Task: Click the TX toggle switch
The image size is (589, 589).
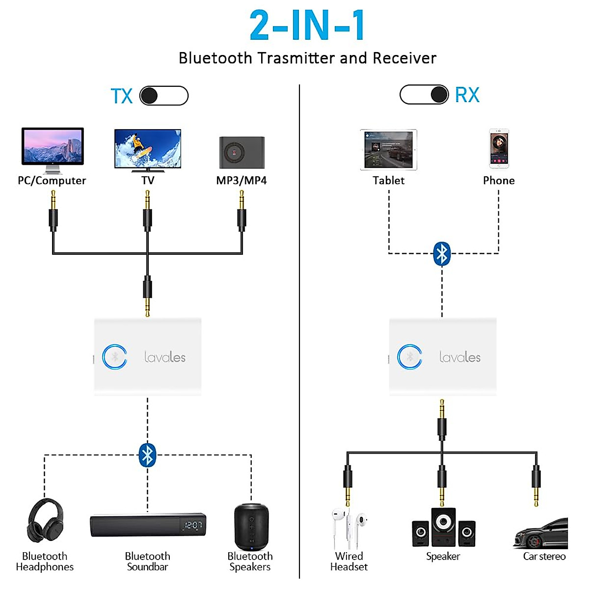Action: click(x=164, y=96)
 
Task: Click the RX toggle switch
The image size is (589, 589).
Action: click(x=424, y=94)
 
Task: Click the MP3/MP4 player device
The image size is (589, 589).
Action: click(x=241, y=153)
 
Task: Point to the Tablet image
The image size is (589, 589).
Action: click(x=388, y=150)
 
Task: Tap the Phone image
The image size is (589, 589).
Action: click(x=499, y=149)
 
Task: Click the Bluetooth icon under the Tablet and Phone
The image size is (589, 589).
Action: click(x=442, y=254)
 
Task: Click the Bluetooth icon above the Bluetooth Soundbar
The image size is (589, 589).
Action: click(x=147, y=455)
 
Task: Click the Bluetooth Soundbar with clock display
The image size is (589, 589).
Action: click(x=148, y=525)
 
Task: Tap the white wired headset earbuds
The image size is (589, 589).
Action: click(x=348, y=528)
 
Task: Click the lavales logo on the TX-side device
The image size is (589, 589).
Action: click(x=165, y=357)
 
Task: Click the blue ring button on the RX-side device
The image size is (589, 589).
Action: click(x=409, y=357)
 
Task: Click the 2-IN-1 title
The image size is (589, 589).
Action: click(x=307, y=26)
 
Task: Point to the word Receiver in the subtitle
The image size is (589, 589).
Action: click(x=404, y=58)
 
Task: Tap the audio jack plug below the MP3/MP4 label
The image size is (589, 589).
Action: click(x=241, y=211)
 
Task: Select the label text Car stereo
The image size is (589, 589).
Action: click(x=544, y=556)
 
